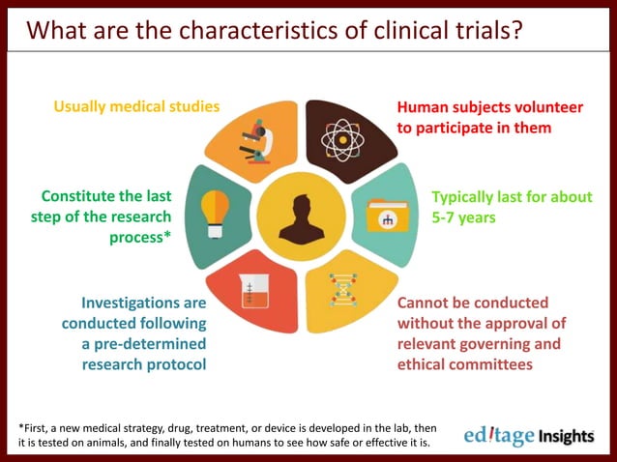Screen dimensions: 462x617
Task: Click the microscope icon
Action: (x=262, y=137)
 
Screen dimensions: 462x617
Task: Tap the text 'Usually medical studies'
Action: (x=136, y=105)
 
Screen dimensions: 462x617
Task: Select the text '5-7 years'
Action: (x=463, y=217)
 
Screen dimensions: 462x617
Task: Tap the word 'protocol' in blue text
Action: (x=174, y=364)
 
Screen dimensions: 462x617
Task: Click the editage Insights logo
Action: (x=528, y=436)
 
